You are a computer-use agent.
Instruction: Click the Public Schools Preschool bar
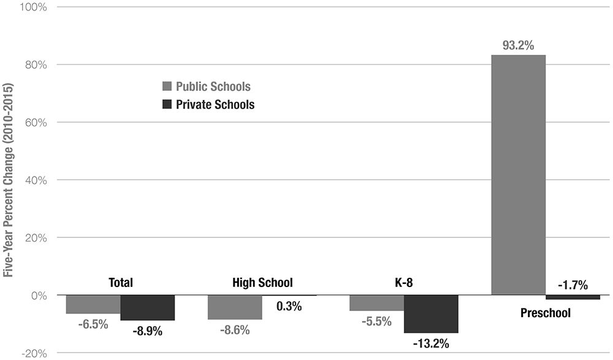[518, 175]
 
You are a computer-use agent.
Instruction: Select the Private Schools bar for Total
[148, 308]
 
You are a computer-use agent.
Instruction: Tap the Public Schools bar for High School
[235, 307]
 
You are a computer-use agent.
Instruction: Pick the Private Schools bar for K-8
[431, 314]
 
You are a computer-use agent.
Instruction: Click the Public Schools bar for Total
[93, 304]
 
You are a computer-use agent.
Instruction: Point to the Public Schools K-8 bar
[376, 303]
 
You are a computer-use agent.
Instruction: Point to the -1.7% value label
[573, 285]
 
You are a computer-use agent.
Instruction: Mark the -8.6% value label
[234, 330]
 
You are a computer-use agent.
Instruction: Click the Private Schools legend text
[215, 104]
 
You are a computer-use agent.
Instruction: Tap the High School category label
[262, 283]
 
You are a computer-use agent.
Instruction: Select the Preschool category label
[545, 313]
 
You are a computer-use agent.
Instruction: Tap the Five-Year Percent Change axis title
[9, 180]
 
